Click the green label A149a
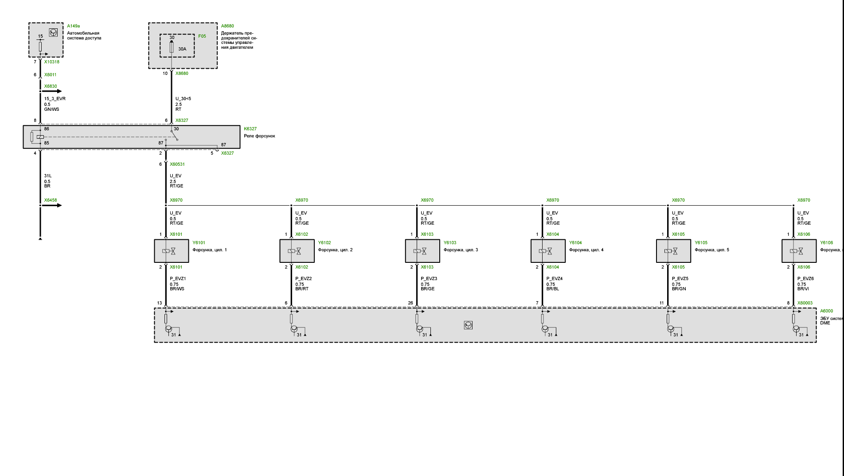pos(73,26)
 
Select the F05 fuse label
pos(202,36)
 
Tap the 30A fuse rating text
pos(182,49)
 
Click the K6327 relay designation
pos(250,129)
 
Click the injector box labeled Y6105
pos(673,251)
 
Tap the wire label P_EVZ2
pos(303,279)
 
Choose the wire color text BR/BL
pos(553,289)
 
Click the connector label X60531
pos(177,164)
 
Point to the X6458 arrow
pos(57,205)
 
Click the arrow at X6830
pos(57,91)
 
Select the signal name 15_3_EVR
pos(55,99)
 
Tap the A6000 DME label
pos(826,311)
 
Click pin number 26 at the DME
pos(410,303)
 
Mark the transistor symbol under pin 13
pos(168,329)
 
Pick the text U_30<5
pos(183,99)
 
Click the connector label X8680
pos(182,74)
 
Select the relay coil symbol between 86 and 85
pos(40,137)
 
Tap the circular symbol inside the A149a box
pos(53,32)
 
